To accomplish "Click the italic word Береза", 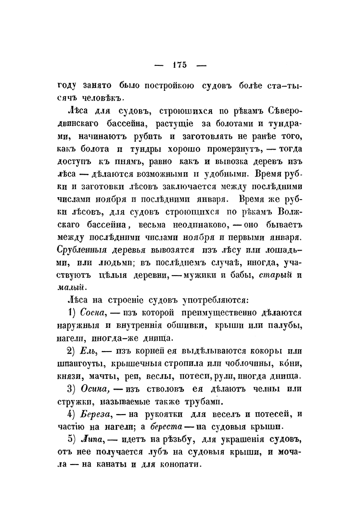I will click(102, 414).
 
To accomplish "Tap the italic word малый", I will click(72, 287).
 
